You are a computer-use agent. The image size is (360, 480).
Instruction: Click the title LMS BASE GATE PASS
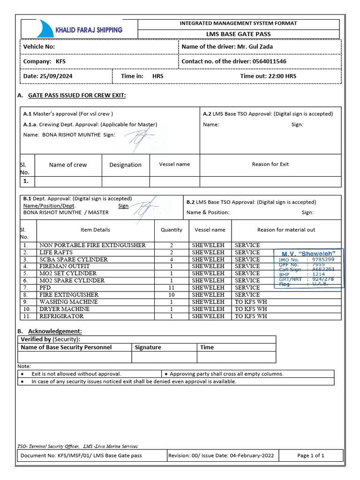click(239, 34)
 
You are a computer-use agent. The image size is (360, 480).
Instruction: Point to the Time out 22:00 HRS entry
click(268, 76)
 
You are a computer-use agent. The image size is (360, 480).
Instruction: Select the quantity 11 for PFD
click(172, 287)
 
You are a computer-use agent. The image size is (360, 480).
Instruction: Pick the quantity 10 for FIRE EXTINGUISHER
click(172, 295)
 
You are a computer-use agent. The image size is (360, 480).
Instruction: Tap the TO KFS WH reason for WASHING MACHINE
click(251, 302)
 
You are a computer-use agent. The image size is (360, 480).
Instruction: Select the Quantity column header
click(172, 230)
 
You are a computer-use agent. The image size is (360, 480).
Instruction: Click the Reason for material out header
click(286, 230)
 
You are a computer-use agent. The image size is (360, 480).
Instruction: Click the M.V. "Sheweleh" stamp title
click(308, 253)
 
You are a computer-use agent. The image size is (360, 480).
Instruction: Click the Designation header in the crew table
click(125, 165)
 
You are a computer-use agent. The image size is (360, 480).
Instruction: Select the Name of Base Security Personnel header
click(66, 347)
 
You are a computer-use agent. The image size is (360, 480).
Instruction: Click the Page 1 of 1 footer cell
click(311, 455)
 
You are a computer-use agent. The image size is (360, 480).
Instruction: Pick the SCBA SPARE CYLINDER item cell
click(74, 259)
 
